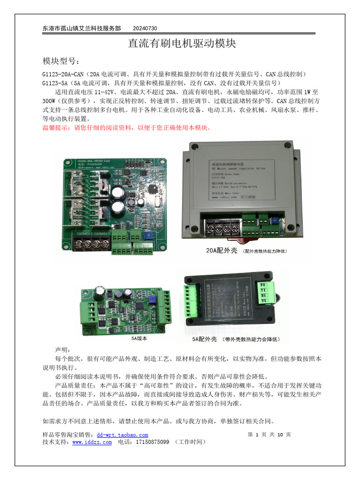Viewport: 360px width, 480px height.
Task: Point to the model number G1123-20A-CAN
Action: [x=63, y=74]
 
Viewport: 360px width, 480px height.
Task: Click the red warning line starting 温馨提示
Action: [x=127, y=127]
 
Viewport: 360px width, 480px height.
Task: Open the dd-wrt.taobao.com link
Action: [x=122, y=435]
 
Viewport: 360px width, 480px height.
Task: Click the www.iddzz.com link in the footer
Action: [x=92, y=442]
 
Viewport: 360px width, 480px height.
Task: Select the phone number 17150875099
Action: [x=152, y=442]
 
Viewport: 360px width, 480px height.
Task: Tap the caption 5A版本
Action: [x=139, y=337]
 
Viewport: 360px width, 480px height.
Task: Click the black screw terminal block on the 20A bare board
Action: [x=91, y=244]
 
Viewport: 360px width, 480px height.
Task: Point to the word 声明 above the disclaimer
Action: [x=63, y=350]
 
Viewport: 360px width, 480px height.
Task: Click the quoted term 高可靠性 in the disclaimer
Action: [x=151, y=385]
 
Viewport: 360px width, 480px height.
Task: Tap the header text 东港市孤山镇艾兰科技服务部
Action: [x=82, y=29]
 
